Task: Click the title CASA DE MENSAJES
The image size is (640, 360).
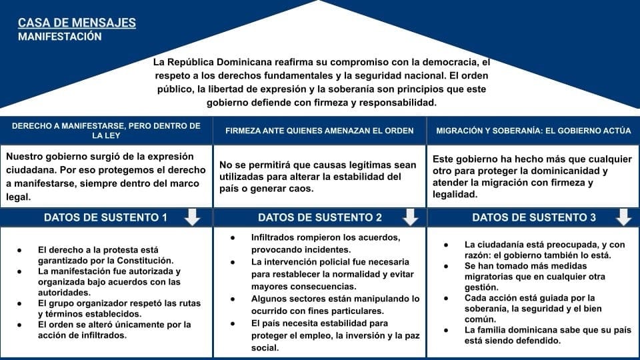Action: point(77,23)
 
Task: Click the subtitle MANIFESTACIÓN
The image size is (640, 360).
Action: point(60,37)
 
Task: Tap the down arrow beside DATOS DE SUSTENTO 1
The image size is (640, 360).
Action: point(192,217)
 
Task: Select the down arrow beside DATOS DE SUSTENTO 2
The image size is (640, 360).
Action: point(411,217)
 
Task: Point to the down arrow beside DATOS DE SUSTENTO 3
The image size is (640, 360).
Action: point(624,217)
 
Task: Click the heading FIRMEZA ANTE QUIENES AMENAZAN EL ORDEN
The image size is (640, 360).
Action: point(319,131)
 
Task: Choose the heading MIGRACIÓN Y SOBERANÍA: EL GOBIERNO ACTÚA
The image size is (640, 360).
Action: point(533,131)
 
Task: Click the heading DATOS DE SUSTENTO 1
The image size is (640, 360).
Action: point(105,217)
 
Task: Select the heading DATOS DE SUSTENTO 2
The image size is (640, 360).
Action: point(320,217)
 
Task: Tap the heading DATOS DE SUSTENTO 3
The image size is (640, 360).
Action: point(534,217)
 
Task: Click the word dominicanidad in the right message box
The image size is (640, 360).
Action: point(575,171)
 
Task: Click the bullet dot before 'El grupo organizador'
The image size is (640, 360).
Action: point(21,303)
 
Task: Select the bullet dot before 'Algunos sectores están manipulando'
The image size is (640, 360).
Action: point(233,299)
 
